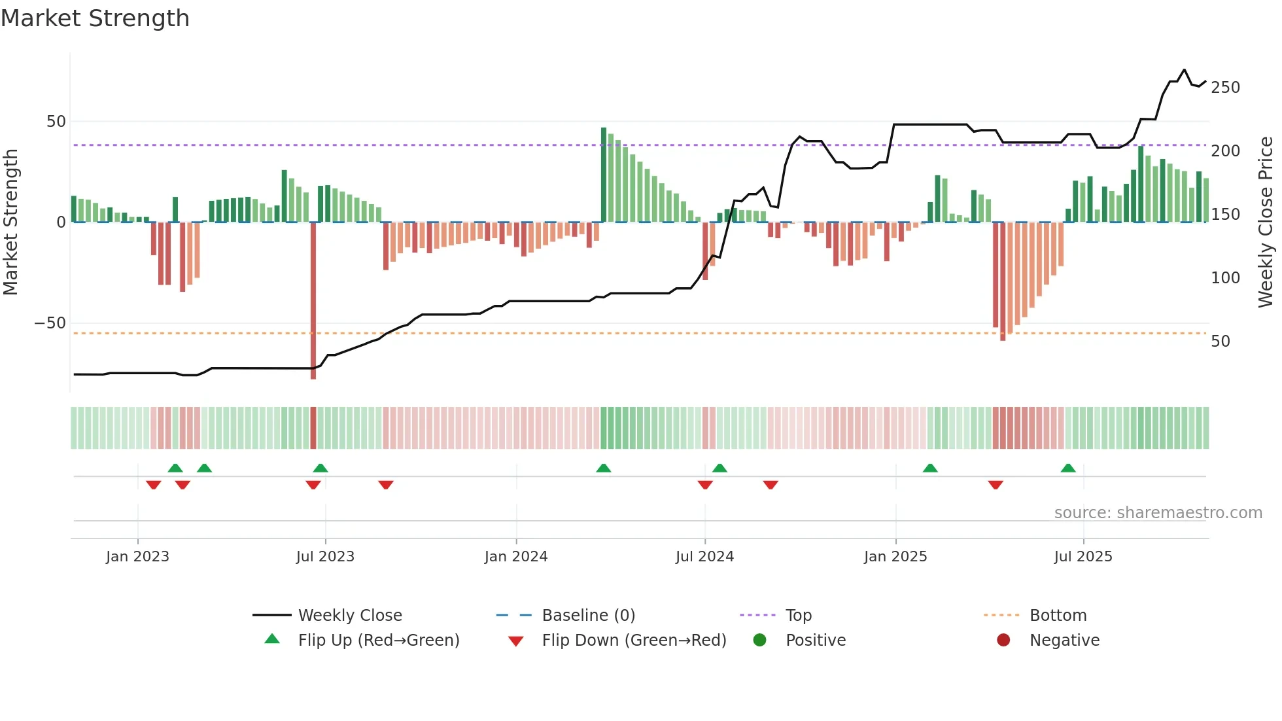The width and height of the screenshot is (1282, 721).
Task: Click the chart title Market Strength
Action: tap(95, 18)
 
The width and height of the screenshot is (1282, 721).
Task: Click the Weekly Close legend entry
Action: tap(350, 615)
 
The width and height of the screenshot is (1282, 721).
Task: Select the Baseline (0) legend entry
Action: tap(588, 615)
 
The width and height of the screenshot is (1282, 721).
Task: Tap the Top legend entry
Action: tap(798, 615)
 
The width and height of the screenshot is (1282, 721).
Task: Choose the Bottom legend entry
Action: tap(1058, 615)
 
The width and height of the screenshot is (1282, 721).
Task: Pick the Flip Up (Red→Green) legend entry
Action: tap(379, 640)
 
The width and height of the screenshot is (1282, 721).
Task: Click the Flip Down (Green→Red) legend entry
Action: tap(634, 640)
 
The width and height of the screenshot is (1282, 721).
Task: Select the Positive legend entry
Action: tap(815, 640)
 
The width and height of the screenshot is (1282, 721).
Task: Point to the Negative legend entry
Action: tap(1064, 640)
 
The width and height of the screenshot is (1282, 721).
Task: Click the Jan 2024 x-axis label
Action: tap(516, 557)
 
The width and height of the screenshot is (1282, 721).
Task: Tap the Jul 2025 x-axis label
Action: tap(1083, 557)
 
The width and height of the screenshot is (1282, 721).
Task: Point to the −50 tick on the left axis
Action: tap(50, 323)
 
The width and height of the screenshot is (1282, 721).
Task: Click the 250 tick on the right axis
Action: tap(1225, 88)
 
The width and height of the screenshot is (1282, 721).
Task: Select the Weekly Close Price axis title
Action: tap(1266, 222)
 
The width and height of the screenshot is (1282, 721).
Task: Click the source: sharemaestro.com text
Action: tap(1158, 513)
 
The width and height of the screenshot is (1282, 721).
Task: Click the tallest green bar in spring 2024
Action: tap(604, 174)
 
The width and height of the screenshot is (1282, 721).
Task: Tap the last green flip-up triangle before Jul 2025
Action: tap(1068, 468)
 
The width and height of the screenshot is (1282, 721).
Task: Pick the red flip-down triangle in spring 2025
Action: tap(996, 485)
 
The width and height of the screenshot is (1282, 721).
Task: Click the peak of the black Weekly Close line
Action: tap(1184, 69)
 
